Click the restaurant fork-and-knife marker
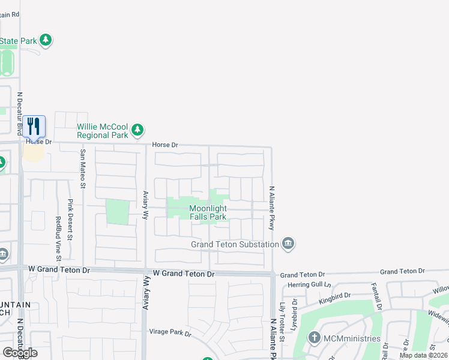34,126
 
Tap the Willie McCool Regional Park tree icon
138,130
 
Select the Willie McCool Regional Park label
103,131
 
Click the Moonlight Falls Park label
208,212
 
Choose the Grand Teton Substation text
235,244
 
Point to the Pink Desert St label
70,220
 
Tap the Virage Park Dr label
170,332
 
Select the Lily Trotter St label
282,322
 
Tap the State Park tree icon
46,41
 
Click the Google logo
19,353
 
